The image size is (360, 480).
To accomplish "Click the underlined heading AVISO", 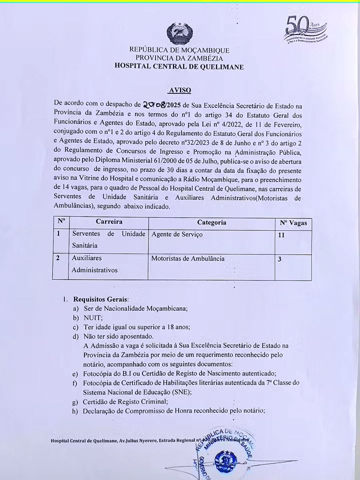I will pos(179,90).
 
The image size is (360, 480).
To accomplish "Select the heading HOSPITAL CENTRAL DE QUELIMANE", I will pos(179,66).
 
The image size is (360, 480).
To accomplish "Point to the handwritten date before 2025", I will pos(156,105).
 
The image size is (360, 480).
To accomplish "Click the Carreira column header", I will pos(109,222).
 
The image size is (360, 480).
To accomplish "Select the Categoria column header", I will pos(211,222).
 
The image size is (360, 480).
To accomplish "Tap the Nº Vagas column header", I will pos(293,223).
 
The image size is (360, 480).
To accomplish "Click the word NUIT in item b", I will pos(93,318).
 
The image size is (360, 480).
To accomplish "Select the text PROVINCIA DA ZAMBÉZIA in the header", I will pos(179,58).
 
